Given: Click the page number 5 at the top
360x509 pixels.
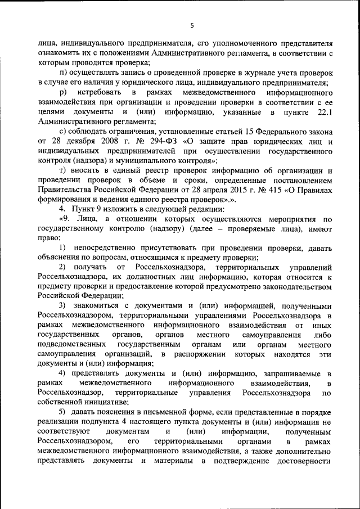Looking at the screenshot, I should [x=192, y=25].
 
